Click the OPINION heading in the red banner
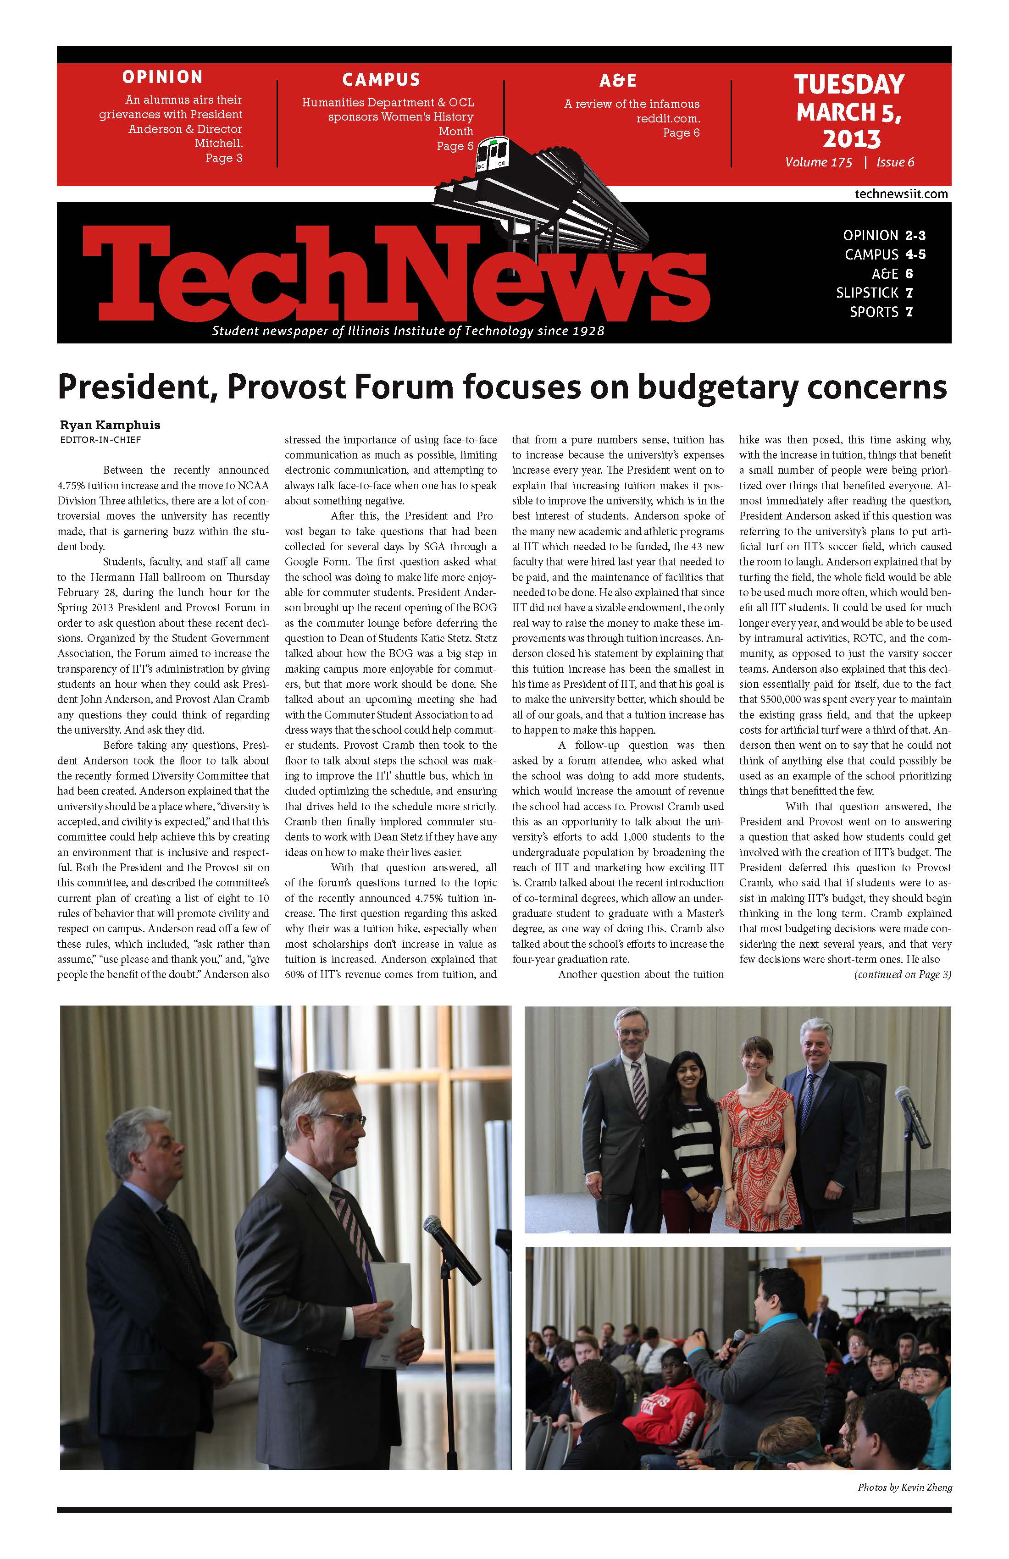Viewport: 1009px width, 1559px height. (162, 77)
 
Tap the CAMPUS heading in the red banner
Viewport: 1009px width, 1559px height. (381, 80)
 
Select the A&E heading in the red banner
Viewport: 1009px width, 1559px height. (618, 81)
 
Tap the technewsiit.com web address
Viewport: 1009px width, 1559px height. (901, 194)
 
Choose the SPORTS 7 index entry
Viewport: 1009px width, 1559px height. (881, 312)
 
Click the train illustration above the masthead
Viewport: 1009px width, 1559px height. (557, 190)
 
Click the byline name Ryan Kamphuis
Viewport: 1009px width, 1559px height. (110, 425)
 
